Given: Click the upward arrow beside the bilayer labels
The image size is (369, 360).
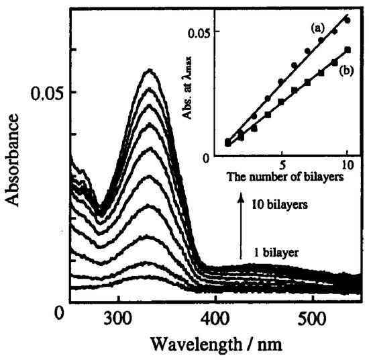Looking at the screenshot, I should pyautogui.click(x=241, y=228).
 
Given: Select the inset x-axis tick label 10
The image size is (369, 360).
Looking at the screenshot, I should pyautogui.click(x=346, y=163).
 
